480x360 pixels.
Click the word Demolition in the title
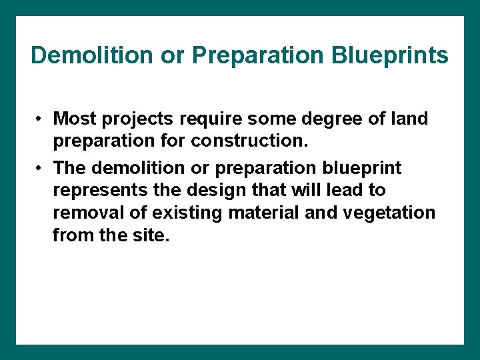[92, 55]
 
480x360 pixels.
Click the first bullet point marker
[40, 119]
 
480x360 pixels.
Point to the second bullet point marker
[40, 167]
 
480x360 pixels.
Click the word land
[410, 119]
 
